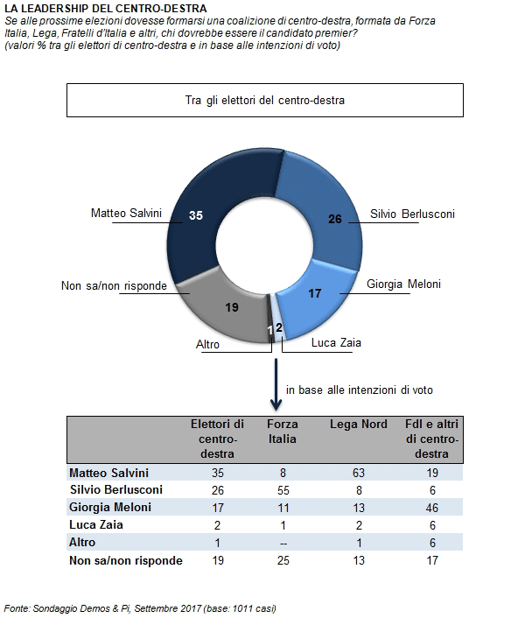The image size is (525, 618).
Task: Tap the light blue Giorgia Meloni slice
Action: (x=315, y=299)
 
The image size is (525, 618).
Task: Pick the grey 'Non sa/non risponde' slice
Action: (x=225, y=312)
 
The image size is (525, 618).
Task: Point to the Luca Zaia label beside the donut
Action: (x=336, y=342)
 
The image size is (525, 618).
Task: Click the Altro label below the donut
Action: (x=207, y=345)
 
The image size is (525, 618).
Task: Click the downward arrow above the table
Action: (x=276, y=384)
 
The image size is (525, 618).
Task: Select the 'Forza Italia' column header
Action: (x=283, y=432)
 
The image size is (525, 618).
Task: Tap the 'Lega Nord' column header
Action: (x=359, y=424)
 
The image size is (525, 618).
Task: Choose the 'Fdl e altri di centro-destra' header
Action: (x=431, y=439)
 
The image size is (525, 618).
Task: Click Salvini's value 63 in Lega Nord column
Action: (x=359, y=473)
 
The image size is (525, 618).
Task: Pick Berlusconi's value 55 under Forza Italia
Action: (x=283, y=490)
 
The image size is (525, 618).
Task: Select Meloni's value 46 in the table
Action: (x=431, y=508)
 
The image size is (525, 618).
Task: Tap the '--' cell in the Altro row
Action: (x=283, y=543)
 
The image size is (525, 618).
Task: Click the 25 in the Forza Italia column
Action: (x=283, y=560)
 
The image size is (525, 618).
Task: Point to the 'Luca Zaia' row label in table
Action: (x=96, y=525)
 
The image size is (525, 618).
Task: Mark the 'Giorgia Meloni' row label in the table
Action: (x=110, y=507)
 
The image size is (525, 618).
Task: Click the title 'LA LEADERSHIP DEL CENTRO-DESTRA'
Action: (x=106, y=8)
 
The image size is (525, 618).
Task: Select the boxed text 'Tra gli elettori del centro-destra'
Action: (x=264, y=100)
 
